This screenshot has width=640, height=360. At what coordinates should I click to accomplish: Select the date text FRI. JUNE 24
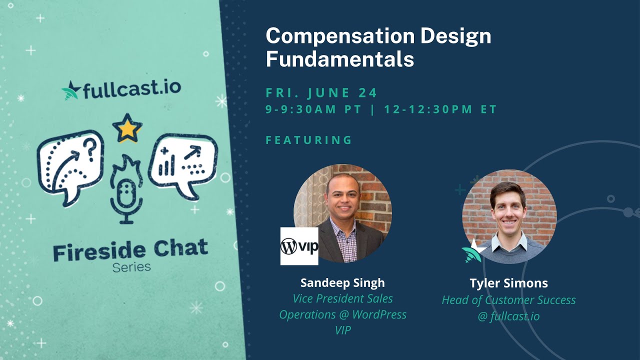point(321,93)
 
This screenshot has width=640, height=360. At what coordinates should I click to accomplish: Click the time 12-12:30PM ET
point(440,109)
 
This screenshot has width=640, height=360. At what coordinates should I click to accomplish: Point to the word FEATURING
point(309,140)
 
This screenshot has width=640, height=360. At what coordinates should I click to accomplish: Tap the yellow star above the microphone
point(127,128)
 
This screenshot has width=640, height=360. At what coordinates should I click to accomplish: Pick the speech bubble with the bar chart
point(183,164)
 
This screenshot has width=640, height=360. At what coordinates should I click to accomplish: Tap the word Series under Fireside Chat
point(131,267)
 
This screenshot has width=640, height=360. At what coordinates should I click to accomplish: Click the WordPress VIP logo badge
point(299,246)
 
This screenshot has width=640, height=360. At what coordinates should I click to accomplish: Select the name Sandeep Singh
point(342,283)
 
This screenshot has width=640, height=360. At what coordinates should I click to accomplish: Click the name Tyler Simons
point(508,283)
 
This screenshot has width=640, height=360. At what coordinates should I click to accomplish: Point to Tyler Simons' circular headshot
point(509,216)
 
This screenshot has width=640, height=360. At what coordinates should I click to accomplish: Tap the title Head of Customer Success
point(508,300)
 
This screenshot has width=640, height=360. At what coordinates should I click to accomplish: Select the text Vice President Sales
point(342,299)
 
